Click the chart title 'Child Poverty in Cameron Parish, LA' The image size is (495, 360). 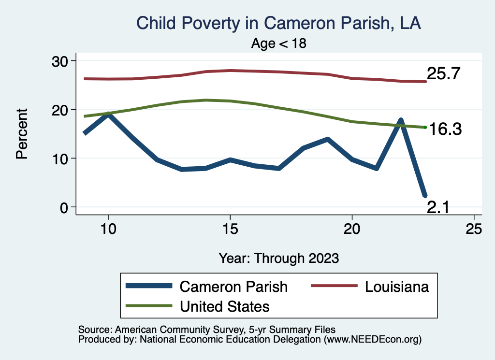point(279,23)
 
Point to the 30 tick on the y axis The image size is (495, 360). point(63,61)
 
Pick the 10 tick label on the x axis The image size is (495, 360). point(108,230)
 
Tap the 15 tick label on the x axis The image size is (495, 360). point(230,230)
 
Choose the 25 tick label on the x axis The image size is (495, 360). point(474,230)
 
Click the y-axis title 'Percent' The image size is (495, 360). point(22,134)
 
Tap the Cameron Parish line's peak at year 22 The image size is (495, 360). point(401,120)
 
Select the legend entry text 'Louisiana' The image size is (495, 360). point(397,287)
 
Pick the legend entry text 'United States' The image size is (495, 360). point(224,306)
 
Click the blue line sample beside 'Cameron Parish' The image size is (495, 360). point(149,286)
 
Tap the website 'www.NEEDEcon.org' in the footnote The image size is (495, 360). point(372,340)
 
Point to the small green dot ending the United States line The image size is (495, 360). point(425,127)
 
